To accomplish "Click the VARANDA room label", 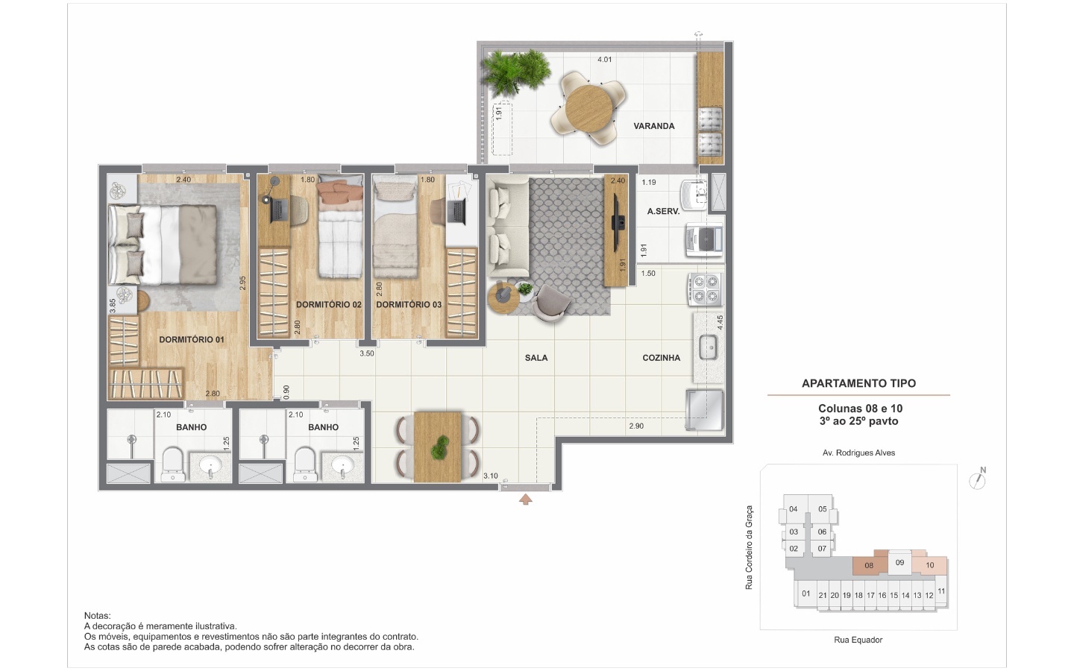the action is point(653,126).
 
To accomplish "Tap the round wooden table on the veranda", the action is point(588,109).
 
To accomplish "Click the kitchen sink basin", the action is point(709,347).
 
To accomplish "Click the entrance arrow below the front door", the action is point(526,500).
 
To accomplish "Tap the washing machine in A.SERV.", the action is point(704,240).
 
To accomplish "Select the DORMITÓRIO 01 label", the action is point(191,340).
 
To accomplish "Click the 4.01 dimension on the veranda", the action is point(604,60).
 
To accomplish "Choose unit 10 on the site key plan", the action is point(929,564).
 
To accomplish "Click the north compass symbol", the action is point(978,479).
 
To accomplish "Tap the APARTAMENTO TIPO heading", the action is point(858,383).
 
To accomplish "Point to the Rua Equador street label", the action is point(858,640).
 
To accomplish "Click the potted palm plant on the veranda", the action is point(516,71).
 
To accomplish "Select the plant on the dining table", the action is point(439,447).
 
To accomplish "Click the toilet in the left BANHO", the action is point(172,464).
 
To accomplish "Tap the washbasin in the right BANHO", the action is point(342,465).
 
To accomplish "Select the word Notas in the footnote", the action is point(97,615).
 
